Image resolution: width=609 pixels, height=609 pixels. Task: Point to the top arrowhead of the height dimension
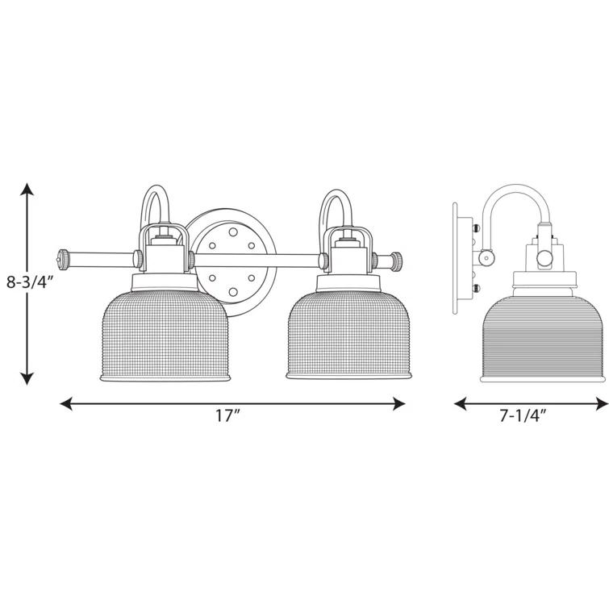[27, 190]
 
